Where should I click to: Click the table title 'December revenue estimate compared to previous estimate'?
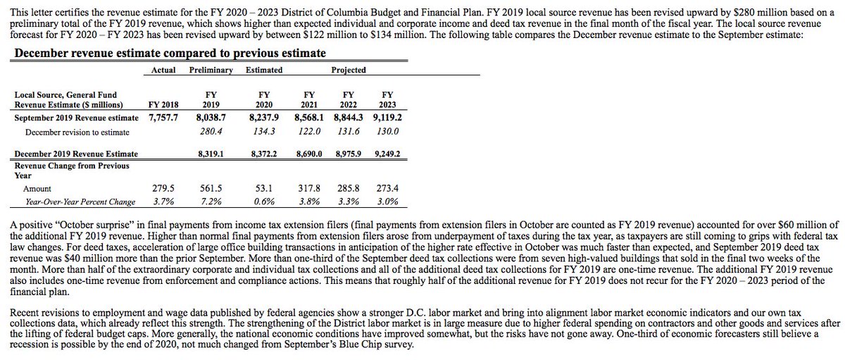[x=170, y=54]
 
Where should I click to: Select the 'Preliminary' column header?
[x=211, y=70]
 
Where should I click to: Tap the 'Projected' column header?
[x=349, y=70]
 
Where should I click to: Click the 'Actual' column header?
[x=163, y=70]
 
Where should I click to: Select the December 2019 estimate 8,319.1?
[x=211, y=154]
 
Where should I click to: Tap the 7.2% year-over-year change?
[x=211, y=201]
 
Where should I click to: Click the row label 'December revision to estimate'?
[x=77, y=132]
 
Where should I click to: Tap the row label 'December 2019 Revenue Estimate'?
[x=76, y=154]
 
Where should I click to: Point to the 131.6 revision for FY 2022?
[x=349, y=132]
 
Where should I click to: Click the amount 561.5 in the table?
[x=211, y=189]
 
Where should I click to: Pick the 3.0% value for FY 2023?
[x=387, y=201]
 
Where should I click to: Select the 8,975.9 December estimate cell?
[x=349, y=154]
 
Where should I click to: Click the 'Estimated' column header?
[x=264, y=70]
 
